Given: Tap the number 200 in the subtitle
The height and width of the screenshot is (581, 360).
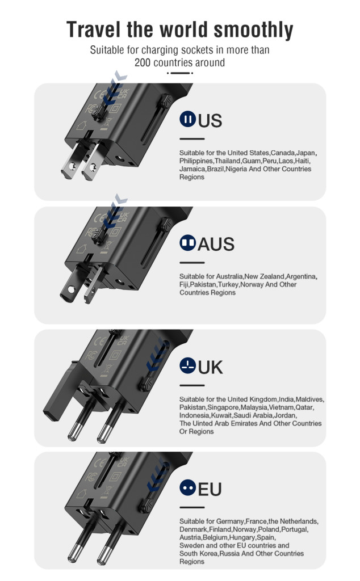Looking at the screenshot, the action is click(x=143, y=62).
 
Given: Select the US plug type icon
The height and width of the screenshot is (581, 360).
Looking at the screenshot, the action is click(x=187, y=119).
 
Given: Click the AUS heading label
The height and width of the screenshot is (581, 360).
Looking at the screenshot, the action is click(x=216, y=244).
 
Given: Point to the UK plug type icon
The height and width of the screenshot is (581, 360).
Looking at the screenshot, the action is click(x=187, y=365).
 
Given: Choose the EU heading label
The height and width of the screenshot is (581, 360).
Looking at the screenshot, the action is click(x=210, y=489).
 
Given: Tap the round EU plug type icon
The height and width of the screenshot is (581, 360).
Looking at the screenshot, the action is click(x=187, y=487).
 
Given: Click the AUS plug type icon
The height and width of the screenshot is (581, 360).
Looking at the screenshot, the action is click(x=187, y=243).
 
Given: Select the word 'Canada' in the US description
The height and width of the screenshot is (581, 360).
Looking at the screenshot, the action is click(x=283, y=153).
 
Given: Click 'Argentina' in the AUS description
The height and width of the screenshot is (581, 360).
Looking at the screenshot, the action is click(x=301, y=276).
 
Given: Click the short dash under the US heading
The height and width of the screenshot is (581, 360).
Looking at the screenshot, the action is click(x=192, y=139).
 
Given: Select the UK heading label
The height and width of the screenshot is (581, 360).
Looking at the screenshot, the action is click(x=210, y=367).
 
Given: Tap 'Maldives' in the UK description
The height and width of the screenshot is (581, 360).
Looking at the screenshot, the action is click(x=309, y=399).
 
